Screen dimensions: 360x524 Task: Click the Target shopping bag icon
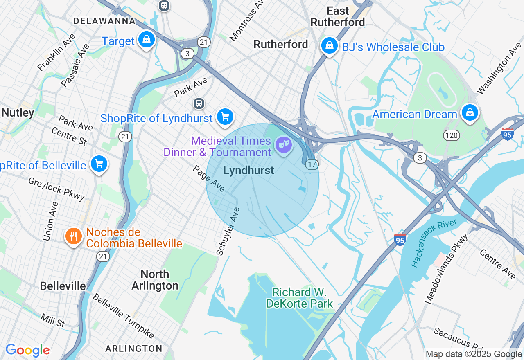146,40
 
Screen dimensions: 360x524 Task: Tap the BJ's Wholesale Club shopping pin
329,46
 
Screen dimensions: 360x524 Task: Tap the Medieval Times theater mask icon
283,145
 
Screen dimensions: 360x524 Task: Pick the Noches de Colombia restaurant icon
73,236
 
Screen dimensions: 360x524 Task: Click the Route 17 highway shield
312,164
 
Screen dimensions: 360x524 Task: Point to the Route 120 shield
452,135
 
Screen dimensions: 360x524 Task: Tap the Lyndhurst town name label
248,171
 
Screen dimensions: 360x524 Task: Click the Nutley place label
18,113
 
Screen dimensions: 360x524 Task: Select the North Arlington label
155,280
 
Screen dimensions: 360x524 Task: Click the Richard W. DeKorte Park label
300,298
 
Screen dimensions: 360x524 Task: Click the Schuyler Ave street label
228,232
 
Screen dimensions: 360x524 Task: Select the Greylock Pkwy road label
56,189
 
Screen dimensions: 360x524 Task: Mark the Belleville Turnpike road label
123,316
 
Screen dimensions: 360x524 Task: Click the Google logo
27,350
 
